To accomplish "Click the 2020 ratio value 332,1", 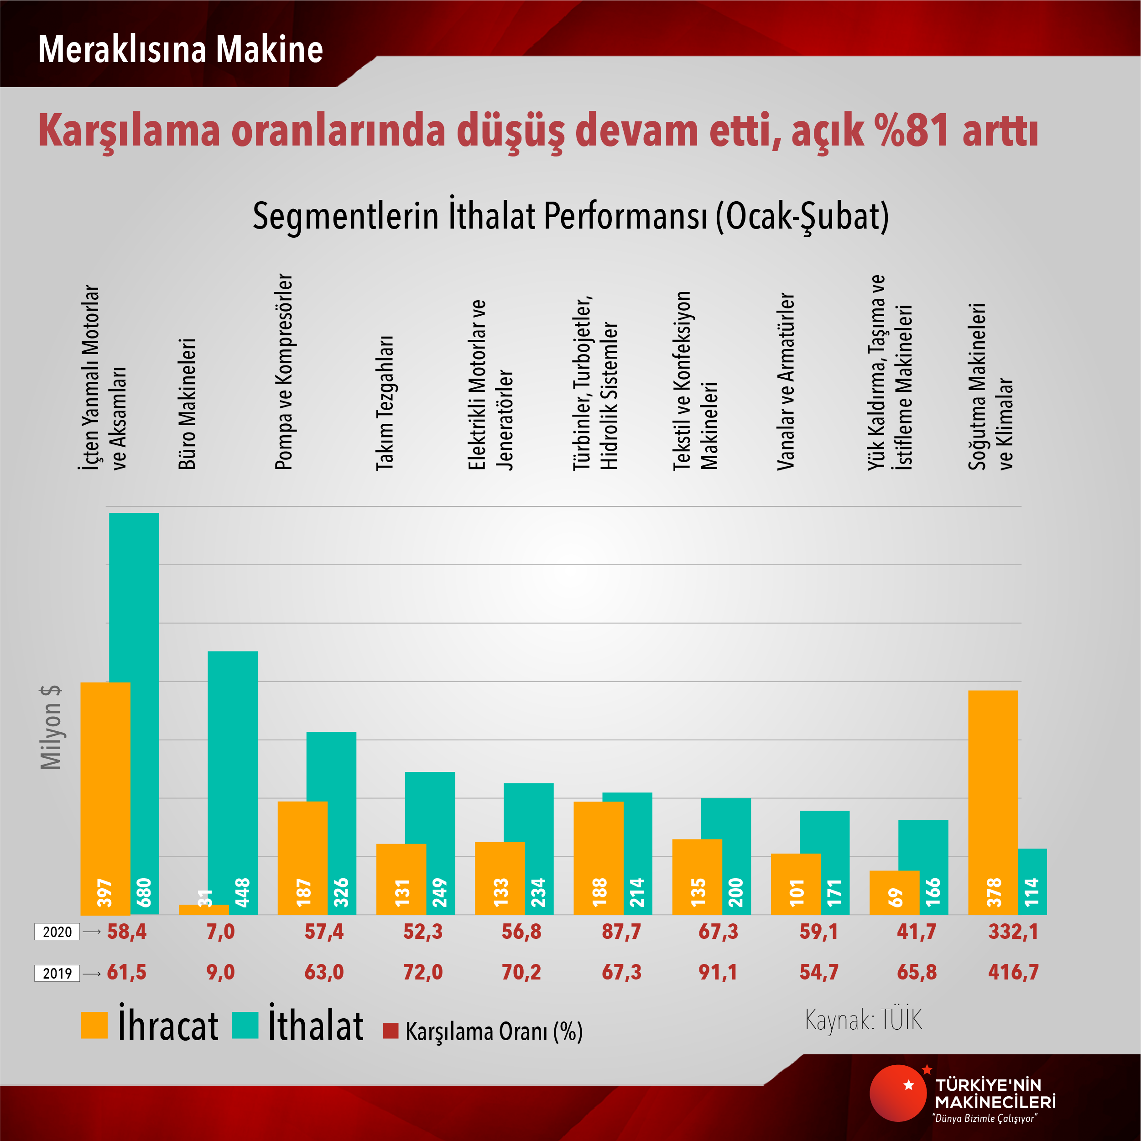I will point(1013,932).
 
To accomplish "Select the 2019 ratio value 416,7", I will point(1013,973).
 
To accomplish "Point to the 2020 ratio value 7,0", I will point(220,932).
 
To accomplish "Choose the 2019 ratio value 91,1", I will point(718,973).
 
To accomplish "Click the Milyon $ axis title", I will point(51,727).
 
